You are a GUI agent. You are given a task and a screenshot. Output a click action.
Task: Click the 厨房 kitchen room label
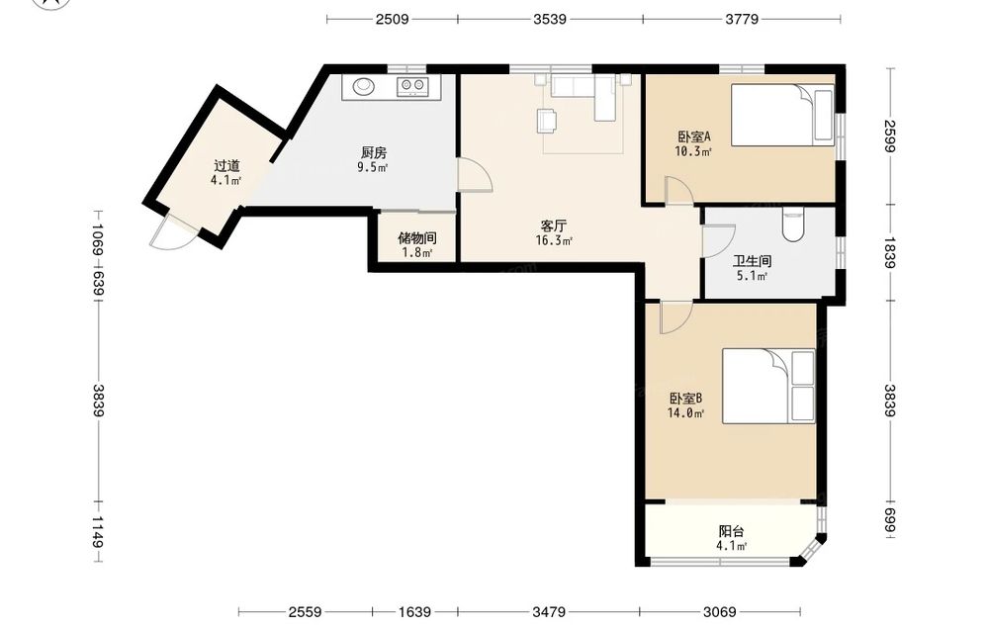374,152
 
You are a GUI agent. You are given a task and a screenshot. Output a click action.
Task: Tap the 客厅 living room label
553,225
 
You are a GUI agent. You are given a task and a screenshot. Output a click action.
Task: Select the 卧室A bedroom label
694,136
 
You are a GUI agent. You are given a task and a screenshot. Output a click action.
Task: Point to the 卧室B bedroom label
685,399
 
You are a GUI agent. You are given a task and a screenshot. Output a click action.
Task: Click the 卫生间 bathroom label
752,261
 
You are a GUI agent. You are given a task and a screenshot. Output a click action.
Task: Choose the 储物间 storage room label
417,238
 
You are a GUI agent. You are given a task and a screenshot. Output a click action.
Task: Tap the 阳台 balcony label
732,532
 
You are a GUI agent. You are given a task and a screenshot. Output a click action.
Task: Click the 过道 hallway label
226,166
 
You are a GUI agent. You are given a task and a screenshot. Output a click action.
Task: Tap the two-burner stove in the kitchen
411,86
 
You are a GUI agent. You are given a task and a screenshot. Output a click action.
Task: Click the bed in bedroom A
782,116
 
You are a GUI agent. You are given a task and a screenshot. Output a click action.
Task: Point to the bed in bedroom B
768,386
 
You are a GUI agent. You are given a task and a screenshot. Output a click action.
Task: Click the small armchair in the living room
547,121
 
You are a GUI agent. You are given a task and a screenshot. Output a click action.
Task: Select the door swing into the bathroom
719,241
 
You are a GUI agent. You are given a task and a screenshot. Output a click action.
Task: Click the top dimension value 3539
550,19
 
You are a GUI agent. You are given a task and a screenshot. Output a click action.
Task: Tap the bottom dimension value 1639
415,612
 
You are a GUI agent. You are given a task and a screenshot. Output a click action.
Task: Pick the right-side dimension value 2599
889,135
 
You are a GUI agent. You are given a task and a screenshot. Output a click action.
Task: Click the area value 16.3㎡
554,240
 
